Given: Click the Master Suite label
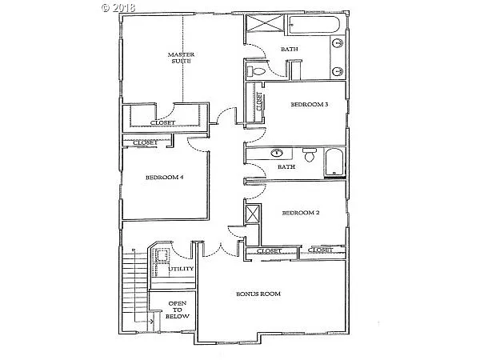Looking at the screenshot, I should (x=182, y=58).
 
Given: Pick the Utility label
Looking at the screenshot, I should (x=181, y=270).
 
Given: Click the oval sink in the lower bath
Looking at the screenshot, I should (x=278, y=151).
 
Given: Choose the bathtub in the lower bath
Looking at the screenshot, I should (x=334, y=162).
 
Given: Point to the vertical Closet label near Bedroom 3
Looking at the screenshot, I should (x=259, y=102).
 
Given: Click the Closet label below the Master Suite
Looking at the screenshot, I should (x=163, y=122).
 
